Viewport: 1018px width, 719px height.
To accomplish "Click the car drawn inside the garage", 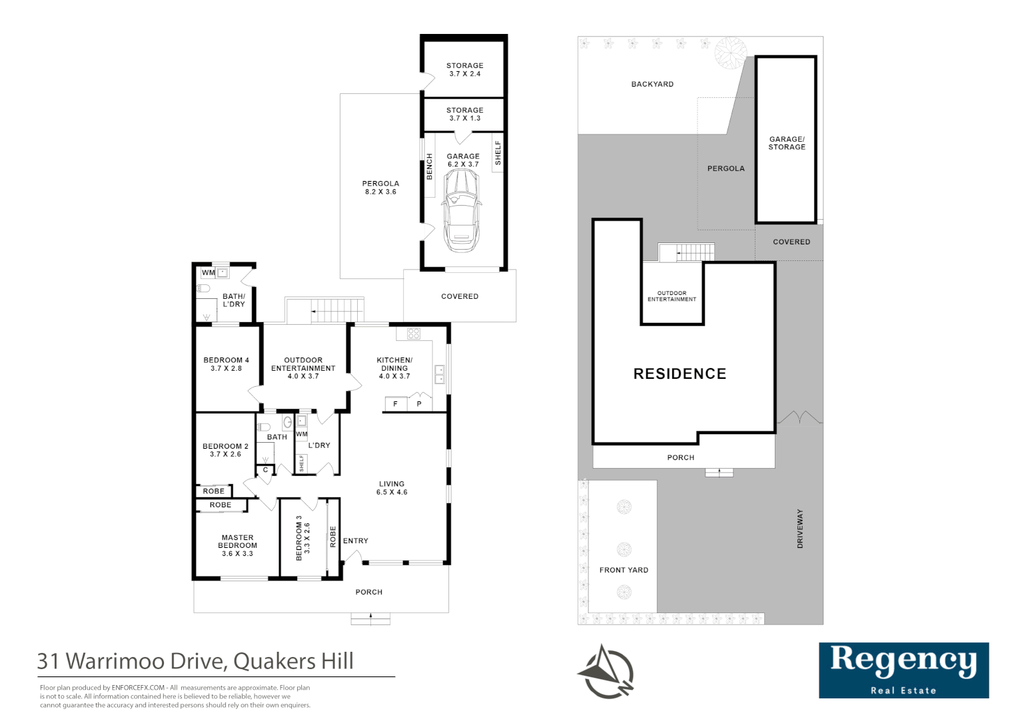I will coord(460,210).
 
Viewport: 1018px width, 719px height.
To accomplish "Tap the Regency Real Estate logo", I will coord(903,670).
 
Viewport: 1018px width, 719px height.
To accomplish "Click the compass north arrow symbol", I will coord(606,672).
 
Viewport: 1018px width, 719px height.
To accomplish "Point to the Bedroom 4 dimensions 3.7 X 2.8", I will coord(226,368).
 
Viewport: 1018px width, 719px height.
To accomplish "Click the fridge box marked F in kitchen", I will coord(395,404).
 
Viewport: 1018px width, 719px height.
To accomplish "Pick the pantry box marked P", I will coord(419,404).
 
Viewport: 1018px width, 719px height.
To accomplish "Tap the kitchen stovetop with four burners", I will coord(413,334).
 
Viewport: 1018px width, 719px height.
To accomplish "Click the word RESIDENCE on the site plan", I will coord(680,374).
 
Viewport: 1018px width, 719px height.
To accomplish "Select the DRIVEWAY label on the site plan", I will coord(800,529).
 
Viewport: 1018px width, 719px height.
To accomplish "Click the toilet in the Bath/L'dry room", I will coord(204,288).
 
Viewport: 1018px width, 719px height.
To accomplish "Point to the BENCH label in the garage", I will coord(429,166).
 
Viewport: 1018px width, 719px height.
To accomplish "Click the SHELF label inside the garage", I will coord(498,153).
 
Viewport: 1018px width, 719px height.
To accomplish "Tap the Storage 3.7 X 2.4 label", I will coord(464,70).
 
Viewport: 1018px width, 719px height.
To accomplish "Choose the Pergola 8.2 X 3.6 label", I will coord(380,188).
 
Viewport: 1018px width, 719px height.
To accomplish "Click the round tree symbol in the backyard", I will coord(730,52).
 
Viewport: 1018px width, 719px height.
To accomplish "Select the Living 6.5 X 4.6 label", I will coord(392,488).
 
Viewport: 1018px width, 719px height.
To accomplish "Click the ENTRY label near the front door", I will coord(356,541).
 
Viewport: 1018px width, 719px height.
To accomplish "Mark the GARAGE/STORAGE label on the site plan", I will coord(787,143).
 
